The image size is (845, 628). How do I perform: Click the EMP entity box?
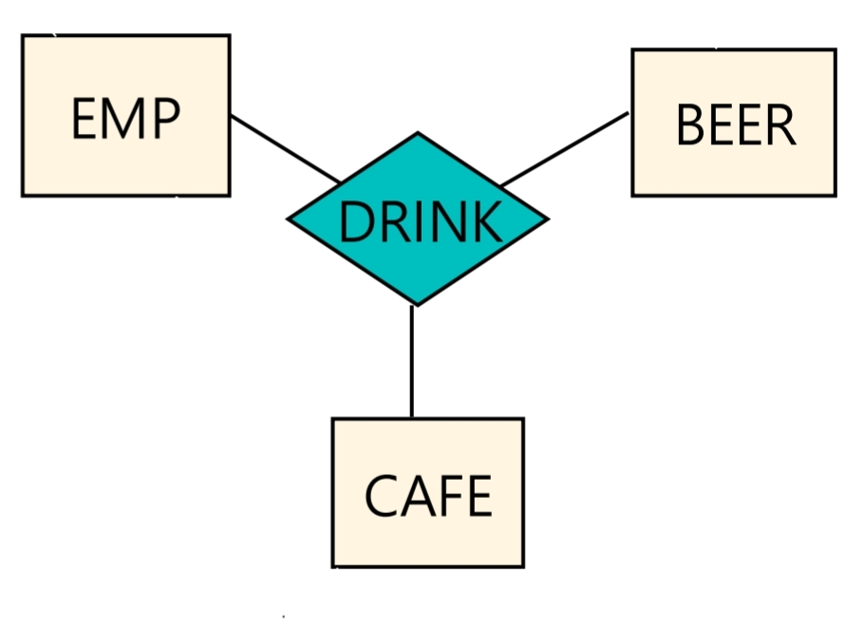[x=125, y=115]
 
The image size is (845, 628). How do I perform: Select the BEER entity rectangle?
[x=733, y=123]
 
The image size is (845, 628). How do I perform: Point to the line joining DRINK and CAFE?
[x=412, y=361]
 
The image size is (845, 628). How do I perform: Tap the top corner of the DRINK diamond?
[x=418, y=135]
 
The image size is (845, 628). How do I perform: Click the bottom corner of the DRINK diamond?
[x=415, y=304]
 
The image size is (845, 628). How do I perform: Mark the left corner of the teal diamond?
[x=290, y=219]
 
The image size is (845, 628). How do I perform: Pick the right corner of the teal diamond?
[x=546, y=219]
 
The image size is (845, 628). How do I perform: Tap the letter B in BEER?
[x=689, y=125]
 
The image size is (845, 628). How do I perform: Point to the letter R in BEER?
[x=780, y=125]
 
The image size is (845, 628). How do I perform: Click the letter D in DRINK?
[x=353, y=222]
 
